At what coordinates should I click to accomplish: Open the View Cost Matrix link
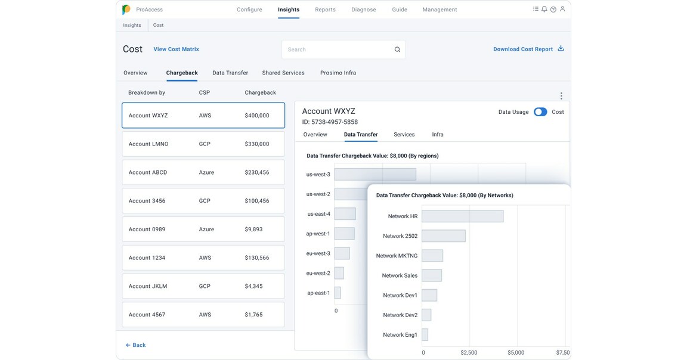(176, 49)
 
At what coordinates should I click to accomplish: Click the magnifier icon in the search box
(397, 50)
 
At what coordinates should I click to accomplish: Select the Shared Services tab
(283, 73)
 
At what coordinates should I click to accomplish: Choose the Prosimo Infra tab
(338, 73)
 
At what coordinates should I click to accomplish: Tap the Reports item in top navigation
(325, 10)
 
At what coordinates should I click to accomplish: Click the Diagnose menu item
(364, 10)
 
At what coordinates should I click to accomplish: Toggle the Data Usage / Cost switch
(540, 112)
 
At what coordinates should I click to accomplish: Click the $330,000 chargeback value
(257, 144)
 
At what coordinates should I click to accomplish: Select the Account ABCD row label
(148, 173)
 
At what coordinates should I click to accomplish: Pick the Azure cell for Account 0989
(206, 229)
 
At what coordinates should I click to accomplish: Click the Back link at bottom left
(136, 345)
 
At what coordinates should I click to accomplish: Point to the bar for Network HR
(462, 216)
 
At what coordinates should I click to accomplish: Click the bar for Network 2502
(443, 236)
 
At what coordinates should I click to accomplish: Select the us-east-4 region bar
(345, 214)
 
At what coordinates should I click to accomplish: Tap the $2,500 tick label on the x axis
(469, 353)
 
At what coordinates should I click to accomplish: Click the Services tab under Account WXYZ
(404, 135)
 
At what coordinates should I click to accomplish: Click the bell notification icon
(544, 10)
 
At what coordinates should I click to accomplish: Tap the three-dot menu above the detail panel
(561, 96)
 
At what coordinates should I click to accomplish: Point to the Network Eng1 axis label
(400, 335)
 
